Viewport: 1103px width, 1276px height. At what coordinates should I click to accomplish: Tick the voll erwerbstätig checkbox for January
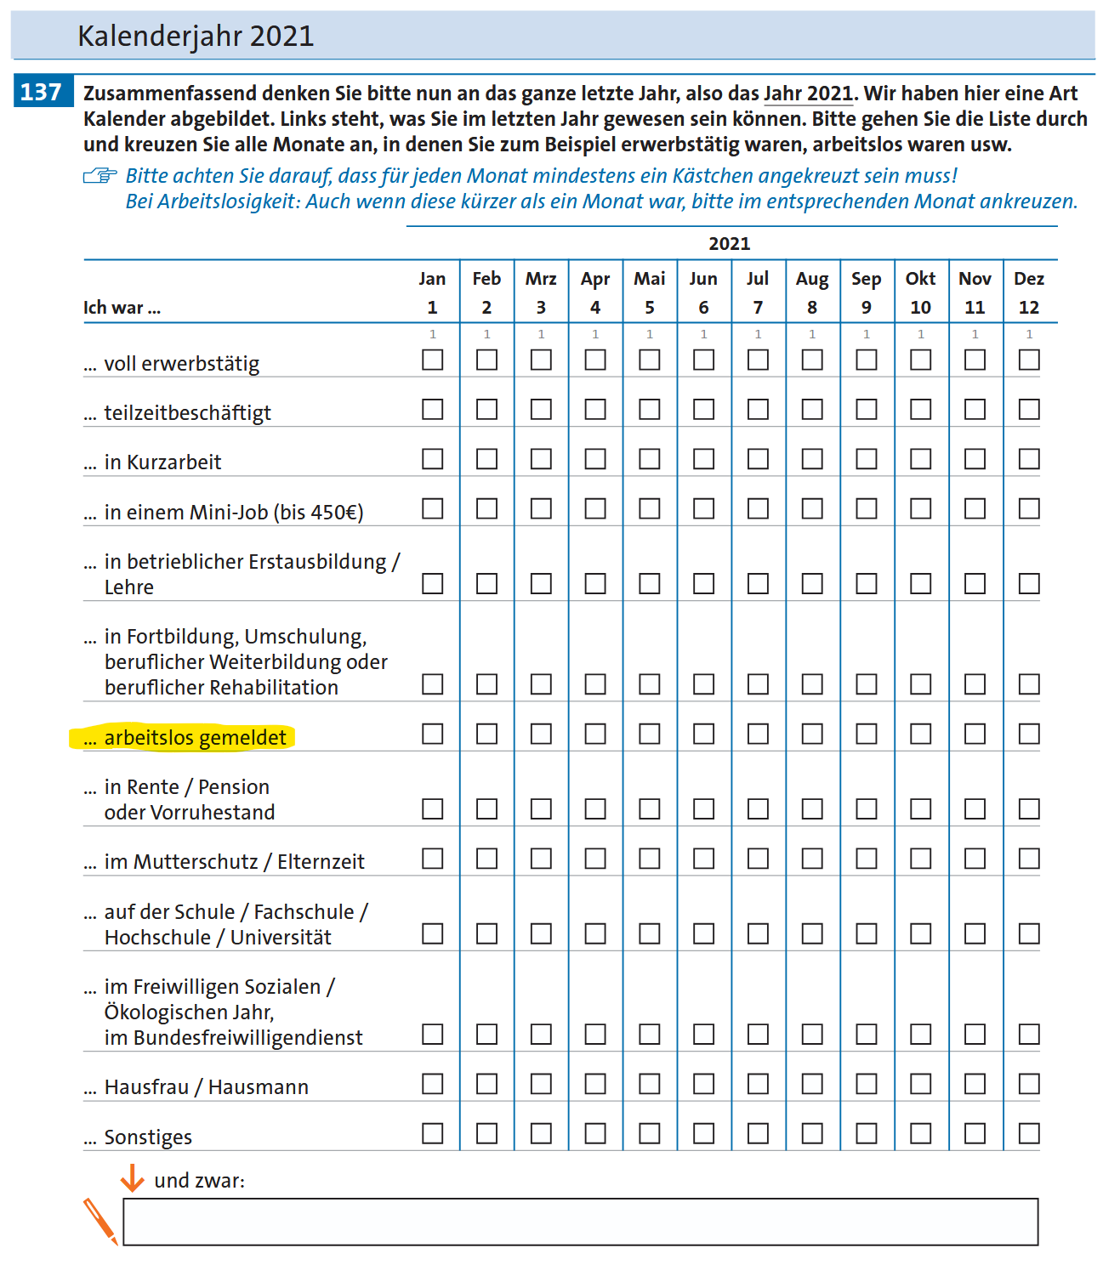coord(433,360)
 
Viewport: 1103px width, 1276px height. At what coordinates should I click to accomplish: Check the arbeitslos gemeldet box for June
coord(703,734)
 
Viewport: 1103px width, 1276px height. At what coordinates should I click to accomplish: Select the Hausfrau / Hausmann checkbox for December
coord(1029,1084)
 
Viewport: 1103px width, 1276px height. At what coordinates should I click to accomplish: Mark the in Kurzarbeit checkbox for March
coord(541,459)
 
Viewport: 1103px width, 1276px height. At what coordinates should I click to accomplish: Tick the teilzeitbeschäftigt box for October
coord(920,410)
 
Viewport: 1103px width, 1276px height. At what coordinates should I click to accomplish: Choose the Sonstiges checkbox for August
coord(812,1133)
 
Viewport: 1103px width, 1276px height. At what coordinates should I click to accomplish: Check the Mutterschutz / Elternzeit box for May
coord(650,859)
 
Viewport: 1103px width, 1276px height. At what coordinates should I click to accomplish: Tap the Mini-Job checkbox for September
coord(867,508)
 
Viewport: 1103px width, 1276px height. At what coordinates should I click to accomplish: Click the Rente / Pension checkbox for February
coord(486,808)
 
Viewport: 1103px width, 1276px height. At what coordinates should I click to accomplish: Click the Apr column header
coord(595,279)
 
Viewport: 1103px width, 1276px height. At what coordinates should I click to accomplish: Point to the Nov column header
coord(975,279)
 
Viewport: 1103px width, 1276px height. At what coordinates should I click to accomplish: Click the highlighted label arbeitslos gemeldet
coord(195,737)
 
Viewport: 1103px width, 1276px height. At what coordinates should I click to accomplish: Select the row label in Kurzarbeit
coord(162,462)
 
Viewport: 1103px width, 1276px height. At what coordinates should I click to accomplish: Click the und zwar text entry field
coord(580,1222)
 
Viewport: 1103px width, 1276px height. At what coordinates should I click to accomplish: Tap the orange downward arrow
coord(132,1178)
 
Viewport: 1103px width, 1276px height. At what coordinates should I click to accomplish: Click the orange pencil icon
coord(100,1222)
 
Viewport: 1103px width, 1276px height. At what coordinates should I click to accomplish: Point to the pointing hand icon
coord(100,176)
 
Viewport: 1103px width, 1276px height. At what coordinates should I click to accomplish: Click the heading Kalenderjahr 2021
coord(196,37)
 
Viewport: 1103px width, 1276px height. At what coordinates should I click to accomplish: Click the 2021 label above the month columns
coord(730,244)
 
